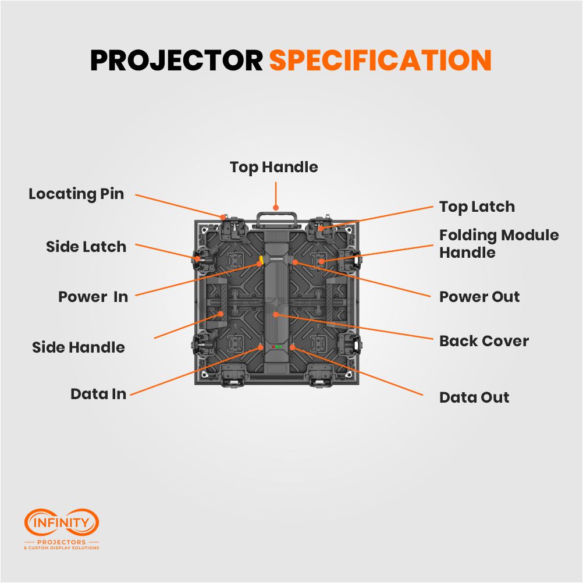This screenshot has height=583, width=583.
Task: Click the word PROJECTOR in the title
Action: click(176, 61)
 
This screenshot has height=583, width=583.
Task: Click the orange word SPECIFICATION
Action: click(381, 61)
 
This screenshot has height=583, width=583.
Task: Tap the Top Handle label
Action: click(273, 168)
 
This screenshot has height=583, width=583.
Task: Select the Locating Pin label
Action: click(76, 194)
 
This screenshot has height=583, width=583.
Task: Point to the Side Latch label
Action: click(86, 247)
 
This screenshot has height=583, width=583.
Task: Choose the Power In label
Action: click(93, 297)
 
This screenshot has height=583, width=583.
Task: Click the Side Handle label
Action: click(79, 347)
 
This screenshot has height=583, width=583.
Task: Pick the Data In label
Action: click(98, 394)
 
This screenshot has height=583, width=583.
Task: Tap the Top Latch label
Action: click(477, 207)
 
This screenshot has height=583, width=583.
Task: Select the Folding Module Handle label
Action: click(499, 244)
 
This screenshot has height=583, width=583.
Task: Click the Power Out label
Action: click(479, 297)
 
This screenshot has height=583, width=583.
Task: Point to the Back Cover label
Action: click(484, 341)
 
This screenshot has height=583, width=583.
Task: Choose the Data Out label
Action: click(474, 397)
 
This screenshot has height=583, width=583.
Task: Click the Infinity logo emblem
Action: click(61, 522)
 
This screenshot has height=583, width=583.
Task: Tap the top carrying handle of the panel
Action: click(276, 218)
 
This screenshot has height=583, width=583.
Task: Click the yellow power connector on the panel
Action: click(262, 259)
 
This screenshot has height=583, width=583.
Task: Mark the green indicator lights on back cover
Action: click(279, 347)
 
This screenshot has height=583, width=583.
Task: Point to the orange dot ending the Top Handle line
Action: click(276, 207)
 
